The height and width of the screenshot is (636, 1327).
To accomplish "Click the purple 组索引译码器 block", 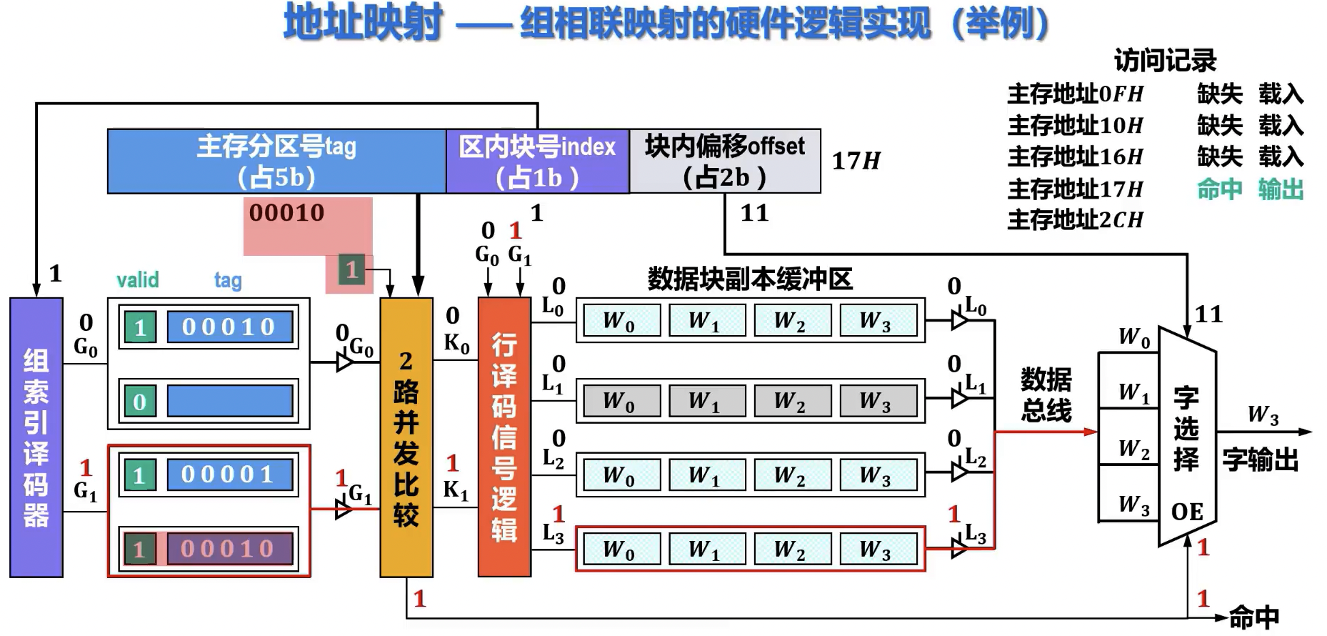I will (x=36, y=437).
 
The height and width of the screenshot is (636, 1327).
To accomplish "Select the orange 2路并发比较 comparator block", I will (x=406, y=437).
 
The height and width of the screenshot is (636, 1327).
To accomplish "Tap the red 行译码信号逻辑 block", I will (x=504, y=437).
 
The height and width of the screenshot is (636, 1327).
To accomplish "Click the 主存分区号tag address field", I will (x=276, y=162).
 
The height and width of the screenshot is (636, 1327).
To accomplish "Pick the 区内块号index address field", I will (x=537, y=162).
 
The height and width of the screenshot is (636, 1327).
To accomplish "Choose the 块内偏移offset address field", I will (x=724, y=162).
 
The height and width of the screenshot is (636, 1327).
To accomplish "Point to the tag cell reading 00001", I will (x=229, y=474).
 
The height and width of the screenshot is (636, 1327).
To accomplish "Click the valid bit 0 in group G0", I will (x=140, y=402).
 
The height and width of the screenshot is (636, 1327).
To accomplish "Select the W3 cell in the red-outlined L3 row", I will (x=878, y=550).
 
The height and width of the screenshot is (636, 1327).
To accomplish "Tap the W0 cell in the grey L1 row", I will (x=619, y=401).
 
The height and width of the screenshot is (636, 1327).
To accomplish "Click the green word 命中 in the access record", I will (x=1219, y=189).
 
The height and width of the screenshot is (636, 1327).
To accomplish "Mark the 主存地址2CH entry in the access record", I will (x=1075, y=219).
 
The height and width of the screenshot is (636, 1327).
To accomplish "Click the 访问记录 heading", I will (x=1165, y=61).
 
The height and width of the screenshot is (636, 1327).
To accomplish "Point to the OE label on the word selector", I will (x=1187, y=512).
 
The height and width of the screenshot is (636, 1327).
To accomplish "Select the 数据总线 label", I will (x=1046, y=394).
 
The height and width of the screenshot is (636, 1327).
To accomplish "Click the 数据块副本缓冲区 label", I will (x=750, y=279).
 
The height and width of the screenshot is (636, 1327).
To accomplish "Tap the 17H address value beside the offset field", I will (x=856, y=162).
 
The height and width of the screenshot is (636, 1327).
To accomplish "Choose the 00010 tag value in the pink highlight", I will (x=286, y=213).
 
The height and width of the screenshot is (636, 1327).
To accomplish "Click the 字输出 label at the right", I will (x=1260, y=459).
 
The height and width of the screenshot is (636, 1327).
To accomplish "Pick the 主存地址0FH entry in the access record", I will (x=1075, y=94).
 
